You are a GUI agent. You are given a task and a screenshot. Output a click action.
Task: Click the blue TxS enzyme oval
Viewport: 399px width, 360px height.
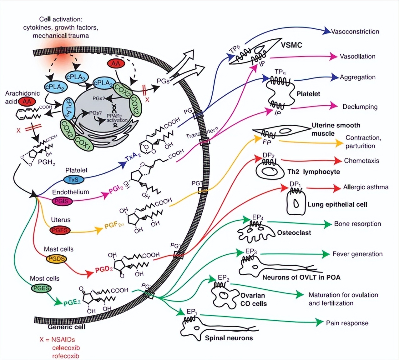click(x=74, y=179)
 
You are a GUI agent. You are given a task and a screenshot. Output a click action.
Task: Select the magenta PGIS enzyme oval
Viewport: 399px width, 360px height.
click(x=62, y=201)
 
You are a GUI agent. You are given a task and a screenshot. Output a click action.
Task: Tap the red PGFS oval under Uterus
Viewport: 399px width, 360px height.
click(x=60, y=230)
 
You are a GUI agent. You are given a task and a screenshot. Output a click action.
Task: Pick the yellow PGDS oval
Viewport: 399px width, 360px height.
click(x=57, y=259)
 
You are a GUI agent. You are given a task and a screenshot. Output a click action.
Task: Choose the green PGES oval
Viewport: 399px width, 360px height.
click(x=41, y=288)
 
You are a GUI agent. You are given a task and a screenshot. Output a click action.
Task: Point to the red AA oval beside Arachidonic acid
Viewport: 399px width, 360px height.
click(x=27, y=101)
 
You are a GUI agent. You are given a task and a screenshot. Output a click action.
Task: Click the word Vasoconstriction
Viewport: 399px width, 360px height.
click(x=355, y=32)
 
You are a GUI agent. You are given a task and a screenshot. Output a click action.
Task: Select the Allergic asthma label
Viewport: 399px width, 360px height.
click(x=366, y=187)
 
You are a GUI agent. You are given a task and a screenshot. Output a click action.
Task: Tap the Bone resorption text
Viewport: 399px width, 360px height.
click(x=357, y=224)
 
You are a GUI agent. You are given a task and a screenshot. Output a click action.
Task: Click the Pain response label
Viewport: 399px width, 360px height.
click(x=347, y=323)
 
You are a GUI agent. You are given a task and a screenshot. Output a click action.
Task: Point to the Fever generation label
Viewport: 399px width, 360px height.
click(x=357, y=254)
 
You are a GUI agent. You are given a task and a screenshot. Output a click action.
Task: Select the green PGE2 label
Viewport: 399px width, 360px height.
click(x=72, y=302)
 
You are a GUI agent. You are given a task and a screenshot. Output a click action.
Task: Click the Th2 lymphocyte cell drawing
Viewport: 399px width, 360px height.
click(x=269, y=171)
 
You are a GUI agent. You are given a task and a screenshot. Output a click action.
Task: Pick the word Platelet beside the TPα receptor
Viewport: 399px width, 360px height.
click(x=308, y=94)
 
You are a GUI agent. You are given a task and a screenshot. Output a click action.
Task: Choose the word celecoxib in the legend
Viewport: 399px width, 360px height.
click(x=66, y=348)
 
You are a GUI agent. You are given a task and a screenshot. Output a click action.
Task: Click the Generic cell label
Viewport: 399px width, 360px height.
click(x=66, y=327)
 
